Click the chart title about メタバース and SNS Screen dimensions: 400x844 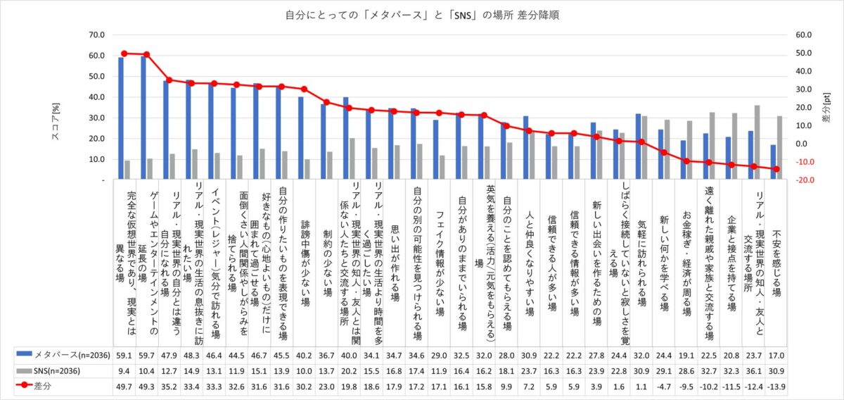(422, 14)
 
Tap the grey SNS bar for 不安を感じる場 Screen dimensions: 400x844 (779, 148)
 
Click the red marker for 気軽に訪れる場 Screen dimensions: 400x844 (641, 142)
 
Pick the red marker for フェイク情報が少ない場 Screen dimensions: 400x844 (438, 113)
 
